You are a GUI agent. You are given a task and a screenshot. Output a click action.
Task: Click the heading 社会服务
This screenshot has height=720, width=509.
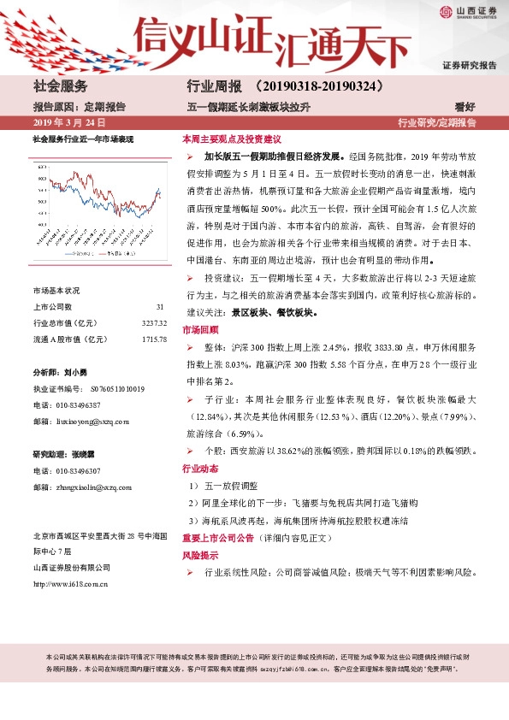click(60, 86)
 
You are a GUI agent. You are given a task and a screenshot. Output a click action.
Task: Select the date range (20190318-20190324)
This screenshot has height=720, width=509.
click(317, 86)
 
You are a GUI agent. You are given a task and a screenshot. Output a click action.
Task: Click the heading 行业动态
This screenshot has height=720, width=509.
click(199, 469)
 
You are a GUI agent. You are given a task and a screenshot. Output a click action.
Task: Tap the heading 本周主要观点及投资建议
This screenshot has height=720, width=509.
click(231, 139)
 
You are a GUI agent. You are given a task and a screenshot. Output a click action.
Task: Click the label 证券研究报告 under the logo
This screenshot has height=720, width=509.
click(470, 66)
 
